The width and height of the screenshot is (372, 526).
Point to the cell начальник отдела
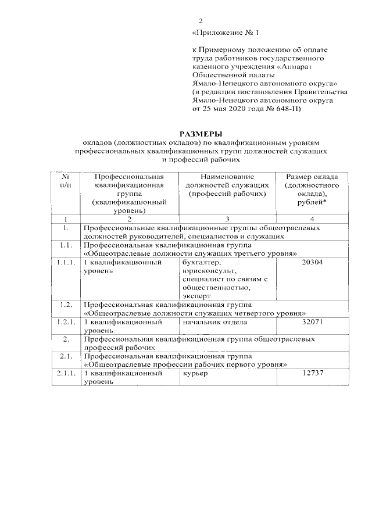click(212, 321)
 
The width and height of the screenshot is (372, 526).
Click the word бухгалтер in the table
click(201, 263)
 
